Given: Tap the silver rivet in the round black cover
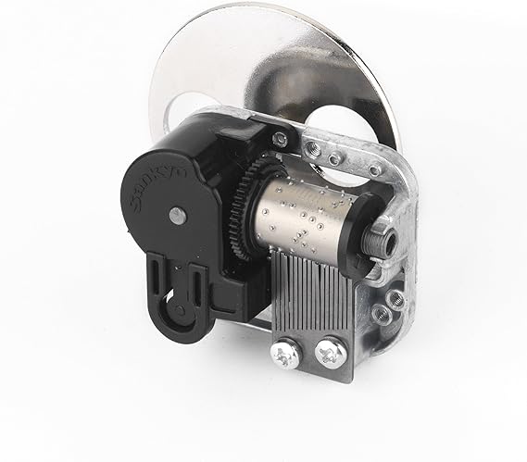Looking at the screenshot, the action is (177, 215).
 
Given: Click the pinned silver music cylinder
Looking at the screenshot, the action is (303, 218).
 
